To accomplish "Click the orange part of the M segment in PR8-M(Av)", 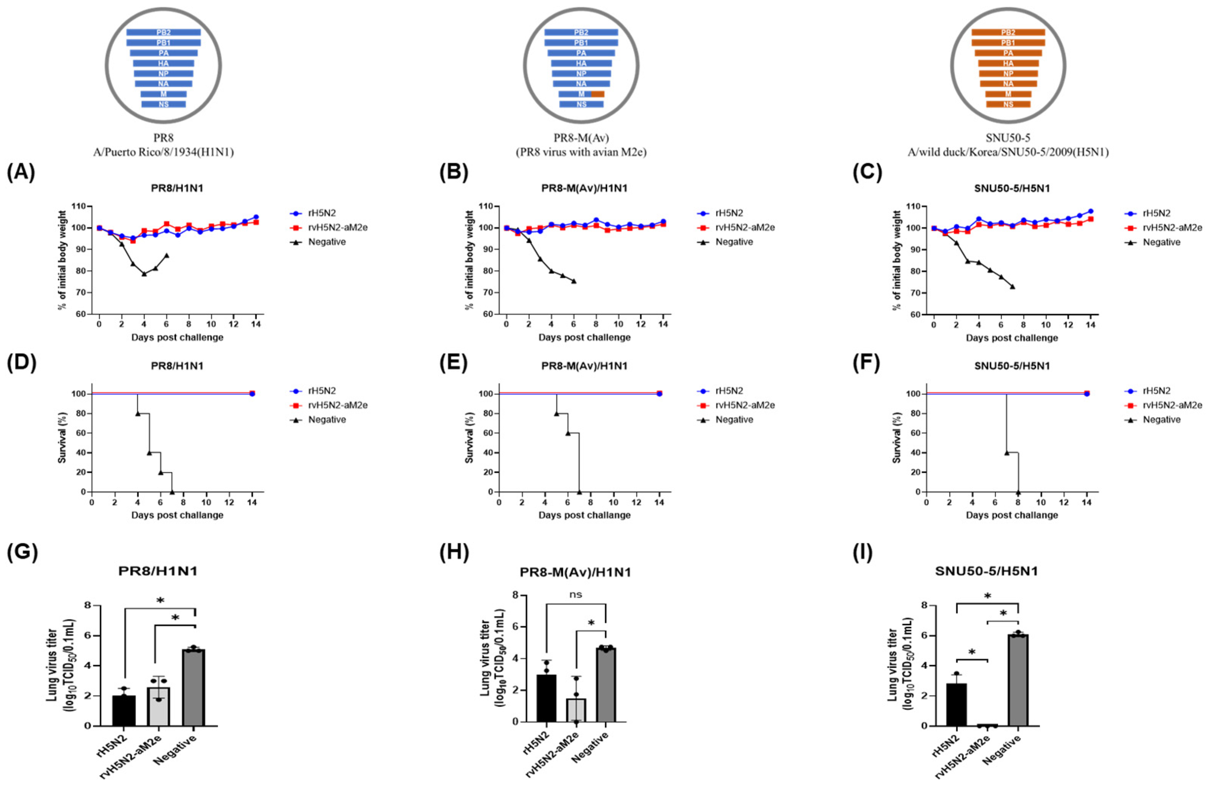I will [x=598, y=94].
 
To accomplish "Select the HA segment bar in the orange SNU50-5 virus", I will [x=1008, y=64].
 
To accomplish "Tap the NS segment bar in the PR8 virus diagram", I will [x=163, y=104].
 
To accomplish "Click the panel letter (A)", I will [x=21, y=173].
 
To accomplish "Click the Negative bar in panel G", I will [x=194, y=687].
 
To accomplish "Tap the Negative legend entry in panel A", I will [x=326, y=242].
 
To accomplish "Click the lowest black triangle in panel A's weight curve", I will [x=144, y=274].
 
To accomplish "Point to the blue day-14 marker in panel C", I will [x=1090, y=211].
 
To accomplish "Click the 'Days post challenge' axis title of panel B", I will [x=584, y=337].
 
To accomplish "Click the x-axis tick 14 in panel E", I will [x=659, y=503].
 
